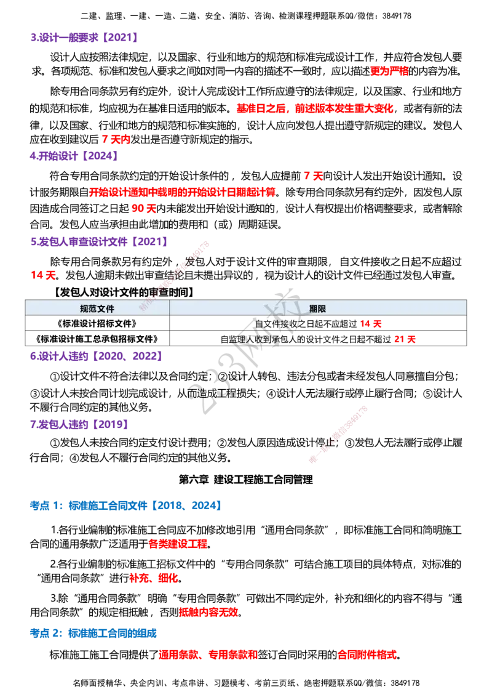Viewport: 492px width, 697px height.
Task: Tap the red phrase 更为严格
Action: pos(389,71)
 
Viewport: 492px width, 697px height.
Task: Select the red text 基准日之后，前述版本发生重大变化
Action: pos(315,108)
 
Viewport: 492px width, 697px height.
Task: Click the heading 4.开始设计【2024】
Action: pos(74,156)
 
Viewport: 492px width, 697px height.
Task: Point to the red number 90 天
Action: pos(145,209)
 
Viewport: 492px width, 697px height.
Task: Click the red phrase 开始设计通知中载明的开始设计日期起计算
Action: pos(183,192)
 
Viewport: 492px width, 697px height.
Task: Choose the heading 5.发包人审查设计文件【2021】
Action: pos(100,241)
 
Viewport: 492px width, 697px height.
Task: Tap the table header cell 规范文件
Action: pos(97,308)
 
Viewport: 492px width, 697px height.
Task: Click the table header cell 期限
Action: pos(318,308)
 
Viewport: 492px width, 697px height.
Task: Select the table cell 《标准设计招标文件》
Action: pos(97,324)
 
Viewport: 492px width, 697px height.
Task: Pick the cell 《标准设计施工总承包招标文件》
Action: pos(97,339)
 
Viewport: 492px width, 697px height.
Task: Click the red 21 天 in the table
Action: pos(405,339)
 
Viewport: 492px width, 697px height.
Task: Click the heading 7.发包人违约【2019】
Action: pos(80,424)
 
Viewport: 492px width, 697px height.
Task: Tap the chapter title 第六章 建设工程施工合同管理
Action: pos(245,480)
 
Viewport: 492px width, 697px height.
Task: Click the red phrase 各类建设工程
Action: pos(178,544)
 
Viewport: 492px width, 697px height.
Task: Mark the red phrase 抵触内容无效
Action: pos(208,613)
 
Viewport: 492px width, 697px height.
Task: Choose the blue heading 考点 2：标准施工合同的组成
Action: pos(93,634)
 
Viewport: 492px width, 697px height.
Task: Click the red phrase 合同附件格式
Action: pos(367,655)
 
